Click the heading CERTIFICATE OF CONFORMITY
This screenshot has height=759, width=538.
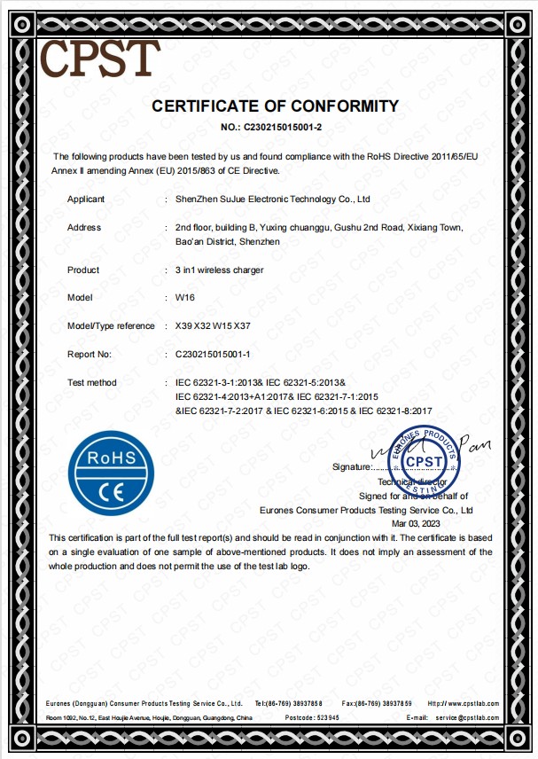point(276,106)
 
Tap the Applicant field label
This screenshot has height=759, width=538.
point(86,200)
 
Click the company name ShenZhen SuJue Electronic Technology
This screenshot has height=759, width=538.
point(272,200)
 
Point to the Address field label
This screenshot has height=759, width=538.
point(84,228)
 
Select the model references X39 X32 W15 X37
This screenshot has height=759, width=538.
point(213,326)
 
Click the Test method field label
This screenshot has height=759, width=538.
point(92,382)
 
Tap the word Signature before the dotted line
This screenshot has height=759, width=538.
point(351,466)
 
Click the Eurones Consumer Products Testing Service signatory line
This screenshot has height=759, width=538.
point(366,510)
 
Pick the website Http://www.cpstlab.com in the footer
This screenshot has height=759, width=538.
point(462,703)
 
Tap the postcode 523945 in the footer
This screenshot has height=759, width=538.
point(324,716)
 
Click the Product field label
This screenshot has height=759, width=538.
point(83,270)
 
